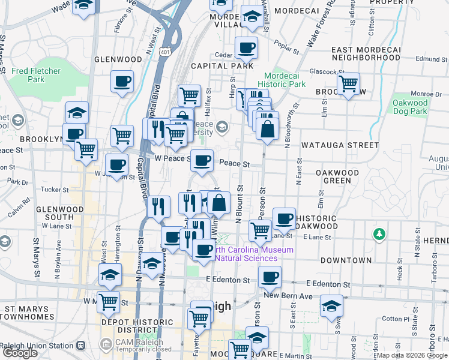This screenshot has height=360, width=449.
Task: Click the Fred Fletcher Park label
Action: tap(36, 75)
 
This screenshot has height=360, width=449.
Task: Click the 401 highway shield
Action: tap(165, 52)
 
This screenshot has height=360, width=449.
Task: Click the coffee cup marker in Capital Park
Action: tap(245, 47)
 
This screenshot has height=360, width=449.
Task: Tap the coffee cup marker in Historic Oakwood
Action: tap(284, 218)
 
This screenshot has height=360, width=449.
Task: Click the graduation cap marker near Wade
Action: tap(83, 6)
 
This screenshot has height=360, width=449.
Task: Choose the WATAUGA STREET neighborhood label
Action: tap(340, 145)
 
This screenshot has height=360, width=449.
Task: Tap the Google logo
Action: tap(20, 353)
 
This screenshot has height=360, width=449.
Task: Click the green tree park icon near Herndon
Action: tap(379, 233)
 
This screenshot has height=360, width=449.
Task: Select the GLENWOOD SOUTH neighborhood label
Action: tap(55, 213)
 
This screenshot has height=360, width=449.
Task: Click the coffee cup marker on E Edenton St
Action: tap(270, 277)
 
